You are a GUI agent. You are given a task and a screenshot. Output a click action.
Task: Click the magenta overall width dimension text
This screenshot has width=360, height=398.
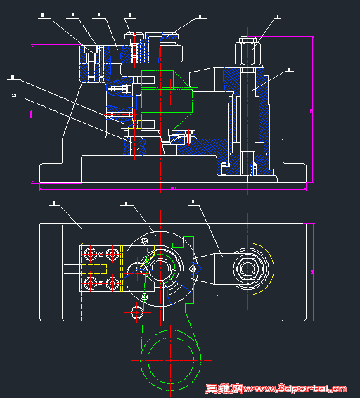(x=173, y=188)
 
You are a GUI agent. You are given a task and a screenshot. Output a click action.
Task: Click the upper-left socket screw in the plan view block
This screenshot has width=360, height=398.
(x=89, y=254)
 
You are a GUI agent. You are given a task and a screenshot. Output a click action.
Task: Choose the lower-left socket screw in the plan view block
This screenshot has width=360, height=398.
(x=89, y=283)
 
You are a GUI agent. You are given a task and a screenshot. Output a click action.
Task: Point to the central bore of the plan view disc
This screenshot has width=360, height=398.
(x=160, y=268)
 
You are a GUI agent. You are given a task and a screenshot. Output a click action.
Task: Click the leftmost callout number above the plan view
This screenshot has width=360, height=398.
(x=54, y=204)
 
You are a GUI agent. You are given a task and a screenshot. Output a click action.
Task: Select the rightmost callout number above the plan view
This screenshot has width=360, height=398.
(x=193, y=203)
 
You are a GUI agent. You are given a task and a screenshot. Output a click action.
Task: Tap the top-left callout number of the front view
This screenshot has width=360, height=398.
(x=42, y=14)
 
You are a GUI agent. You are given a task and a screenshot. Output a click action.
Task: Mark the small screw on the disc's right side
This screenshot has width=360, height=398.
(x=193, y=268)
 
